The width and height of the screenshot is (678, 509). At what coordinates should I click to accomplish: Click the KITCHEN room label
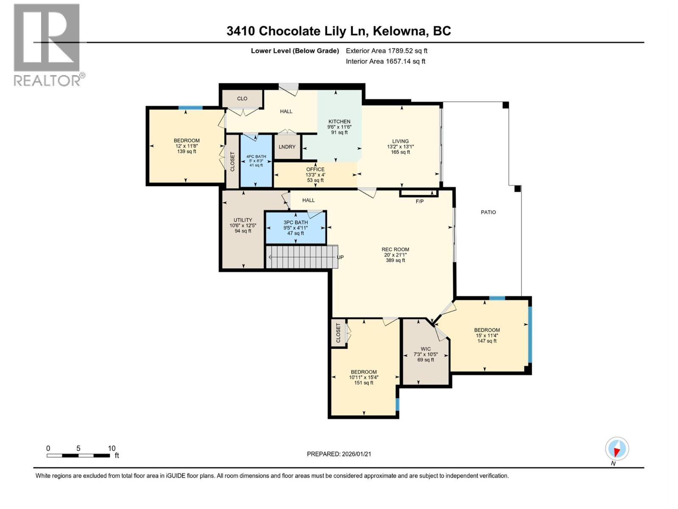coord(339,122)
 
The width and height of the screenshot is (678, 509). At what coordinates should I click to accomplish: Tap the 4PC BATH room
coord(256,160)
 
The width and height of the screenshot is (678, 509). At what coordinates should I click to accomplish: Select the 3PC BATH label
coord(295,223)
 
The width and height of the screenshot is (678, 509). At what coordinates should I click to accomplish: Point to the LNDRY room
coord(287,147)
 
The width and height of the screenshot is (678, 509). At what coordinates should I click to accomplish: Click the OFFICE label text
coord(315,169)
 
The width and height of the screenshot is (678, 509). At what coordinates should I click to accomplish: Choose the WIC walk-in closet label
coord(425,349)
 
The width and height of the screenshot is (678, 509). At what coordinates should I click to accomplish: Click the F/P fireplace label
coord(419,201)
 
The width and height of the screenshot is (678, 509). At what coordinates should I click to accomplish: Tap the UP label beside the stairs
coord(340,257)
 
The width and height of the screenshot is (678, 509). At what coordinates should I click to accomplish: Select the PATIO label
coord(488,212)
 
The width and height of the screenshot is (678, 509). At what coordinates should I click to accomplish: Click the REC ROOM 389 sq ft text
coord(395,260)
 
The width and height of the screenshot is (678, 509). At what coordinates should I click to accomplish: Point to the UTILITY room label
coord(243,220)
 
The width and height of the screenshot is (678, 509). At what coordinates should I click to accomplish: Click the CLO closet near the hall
coord(242,98)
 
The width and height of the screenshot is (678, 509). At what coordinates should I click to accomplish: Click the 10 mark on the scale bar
coord(111,448)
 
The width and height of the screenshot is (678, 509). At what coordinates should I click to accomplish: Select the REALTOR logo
coord(47,45)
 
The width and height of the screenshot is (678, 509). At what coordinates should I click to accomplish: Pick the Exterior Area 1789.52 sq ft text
coord(386,51)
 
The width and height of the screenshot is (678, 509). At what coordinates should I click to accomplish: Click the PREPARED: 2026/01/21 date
coord(339,454)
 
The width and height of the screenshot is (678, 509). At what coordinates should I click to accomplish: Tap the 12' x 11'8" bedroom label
coord(186,146)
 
